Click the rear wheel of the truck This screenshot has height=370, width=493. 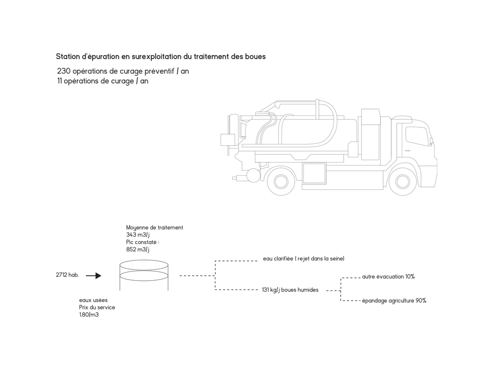[x=281, y=181]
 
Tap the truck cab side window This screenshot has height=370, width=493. [x=417, y=136]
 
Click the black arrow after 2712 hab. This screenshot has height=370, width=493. [x=94, y=276]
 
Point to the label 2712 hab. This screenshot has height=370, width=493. [x=67, y=275]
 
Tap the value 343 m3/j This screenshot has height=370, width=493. [x=138, y=235]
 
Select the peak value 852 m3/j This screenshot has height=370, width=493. [x=138, y=250]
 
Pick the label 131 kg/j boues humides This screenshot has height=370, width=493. [x=290, y=290]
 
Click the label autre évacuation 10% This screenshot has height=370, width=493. [x=388, y=277]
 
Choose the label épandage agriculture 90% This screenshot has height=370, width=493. [x=394, y=301]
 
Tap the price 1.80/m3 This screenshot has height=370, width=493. [x=89, y=315]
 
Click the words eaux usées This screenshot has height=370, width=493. [x=93, y=300]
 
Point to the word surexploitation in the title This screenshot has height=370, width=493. [x=156, y=57]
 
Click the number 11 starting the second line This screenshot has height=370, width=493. [x=59, y=81]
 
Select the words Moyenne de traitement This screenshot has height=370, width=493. [x=154, y=228]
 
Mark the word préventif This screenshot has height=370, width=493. [x=159, y=72]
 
